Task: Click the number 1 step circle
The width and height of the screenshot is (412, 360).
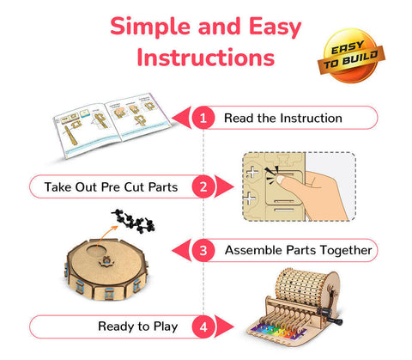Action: [203, 118]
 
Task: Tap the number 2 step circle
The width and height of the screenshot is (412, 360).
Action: [203, 186]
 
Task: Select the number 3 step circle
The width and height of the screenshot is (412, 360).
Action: [203, 250]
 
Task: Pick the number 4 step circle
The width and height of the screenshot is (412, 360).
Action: [203, 326]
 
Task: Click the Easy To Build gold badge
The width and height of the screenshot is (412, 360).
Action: [351, 56]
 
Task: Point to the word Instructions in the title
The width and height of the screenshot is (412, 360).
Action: [206, 58]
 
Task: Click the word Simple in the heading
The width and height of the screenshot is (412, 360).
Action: [150, 27]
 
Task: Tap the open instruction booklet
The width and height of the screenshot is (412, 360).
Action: [112, 125]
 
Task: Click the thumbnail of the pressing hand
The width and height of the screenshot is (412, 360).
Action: [300, 186]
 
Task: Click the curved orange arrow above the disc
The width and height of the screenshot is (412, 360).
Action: [106, 238]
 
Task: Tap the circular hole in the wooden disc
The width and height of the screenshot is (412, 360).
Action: [96, 251]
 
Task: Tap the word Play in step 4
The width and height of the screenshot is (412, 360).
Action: [166, 326]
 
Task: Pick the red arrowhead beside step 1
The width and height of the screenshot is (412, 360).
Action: [181, 118]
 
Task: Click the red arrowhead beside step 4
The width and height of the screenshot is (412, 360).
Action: [224, 326]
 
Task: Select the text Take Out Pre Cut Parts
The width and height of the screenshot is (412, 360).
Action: [111, 187]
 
